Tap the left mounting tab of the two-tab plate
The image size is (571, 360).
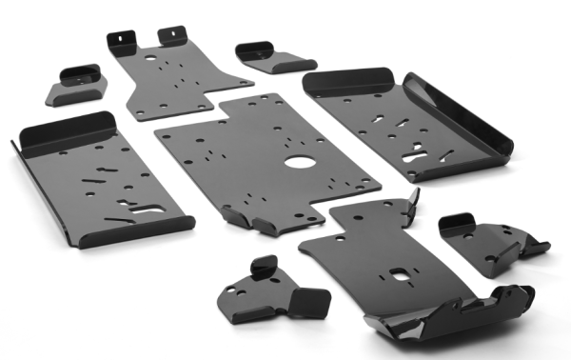(x=122, y=38)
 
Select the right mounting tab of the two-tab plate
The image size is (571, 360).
(x=172, y=33)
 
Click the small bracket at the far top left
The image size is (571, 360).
(x=74, y=84)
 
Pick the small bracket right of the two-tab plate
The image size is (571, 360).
(x=270, y=56)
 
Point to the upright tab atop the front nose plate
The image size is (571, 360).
(x=411, y=199)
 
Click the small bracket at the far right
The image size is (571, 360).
(x=490, y=243)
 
